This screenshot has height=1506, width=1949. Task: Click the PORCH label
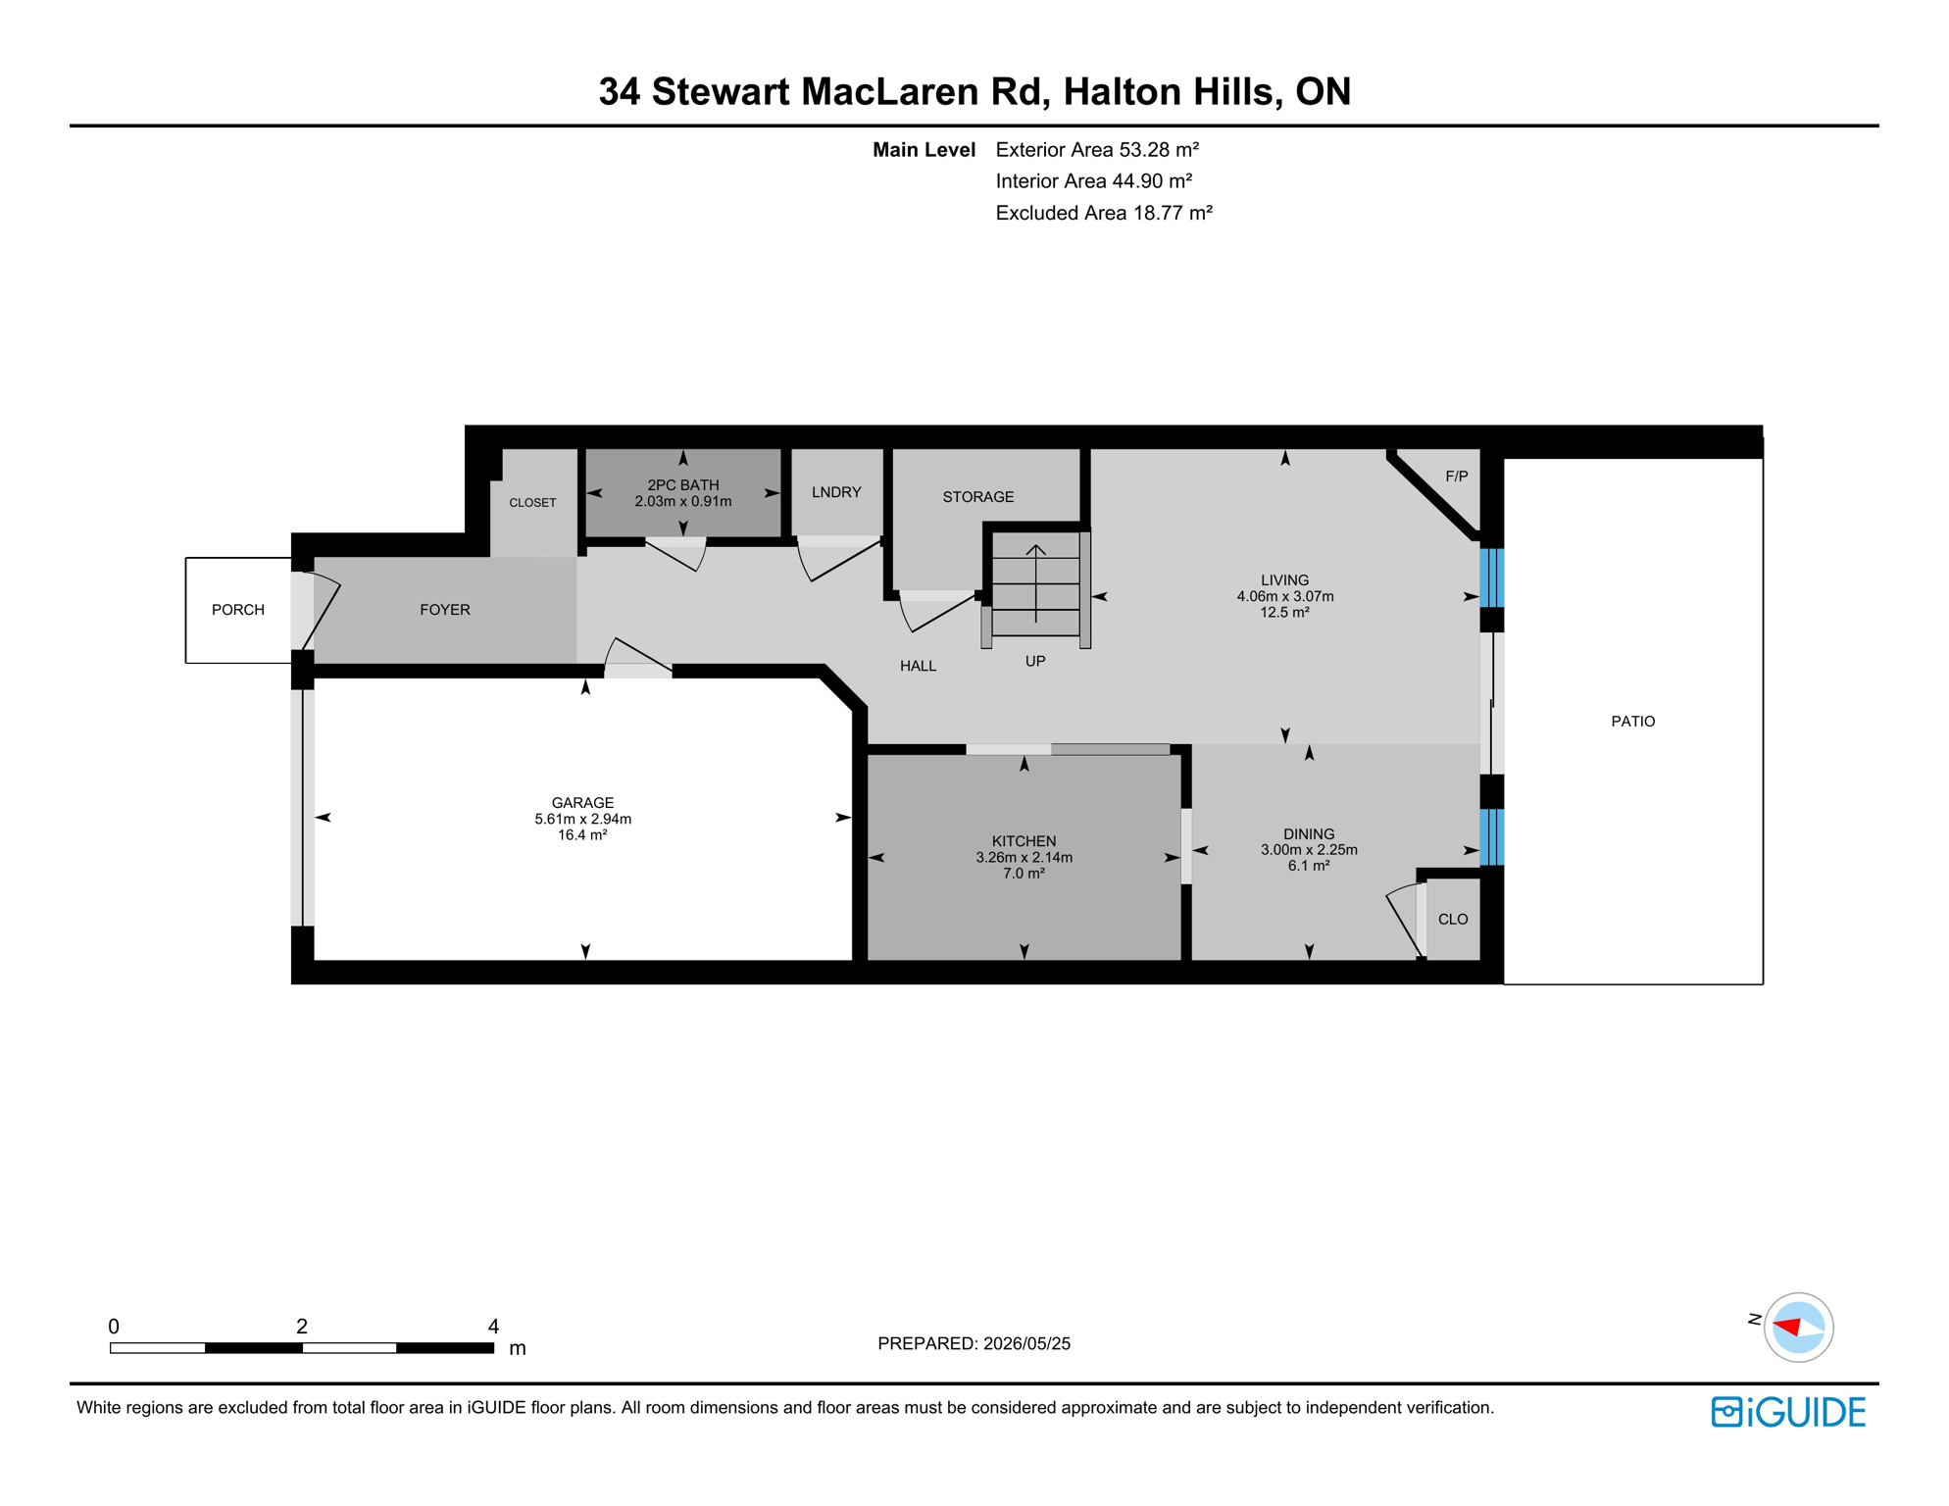tap(238, 610)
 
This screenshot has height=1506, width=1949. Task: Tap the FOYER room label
tap(445, 610)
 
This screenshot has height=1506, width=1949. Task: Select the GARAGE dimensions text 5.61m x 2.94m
tap(582, 819)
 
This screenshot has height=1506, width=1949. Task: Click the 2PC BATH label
tap(683, 485)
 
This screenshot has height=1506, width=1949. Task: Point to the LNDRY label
tap(836, 492)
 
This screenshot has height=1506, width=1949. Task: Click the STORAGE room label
tap(978, 497)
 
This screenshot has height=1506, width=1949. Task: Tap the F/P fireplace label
tap(1457, 477)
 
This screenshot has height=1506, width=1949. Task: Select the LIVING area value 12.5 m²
tap(1284, 613)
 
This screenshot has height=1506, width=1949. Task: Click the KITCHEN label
tap(1024, 841)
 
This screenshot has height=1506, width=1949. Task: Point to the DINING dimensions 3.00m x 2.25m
tap(1309, 850)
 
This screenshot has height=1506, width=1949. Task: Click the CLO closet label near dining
tap(1453, 920)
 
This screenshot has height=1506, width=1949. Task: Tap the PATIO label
tap(1633, 722)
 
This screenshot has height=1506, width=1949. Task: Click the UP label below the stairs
tap(1035, 662)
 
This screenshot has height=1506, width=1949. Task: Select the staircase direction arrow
tap(1036, 583)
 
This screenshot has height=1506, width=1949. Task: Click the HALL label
tap(918, 667)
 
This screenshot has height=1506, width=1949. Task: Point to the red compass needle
tap(1788, 1328)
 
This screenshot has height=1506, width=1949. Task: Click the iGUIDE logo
tap(1788, 1412)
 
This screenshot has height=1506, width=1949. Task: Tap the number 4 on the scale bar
tap(493, 1327)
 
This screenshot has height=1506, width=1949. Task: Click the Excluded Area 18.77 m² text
tap(1104, 214)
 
